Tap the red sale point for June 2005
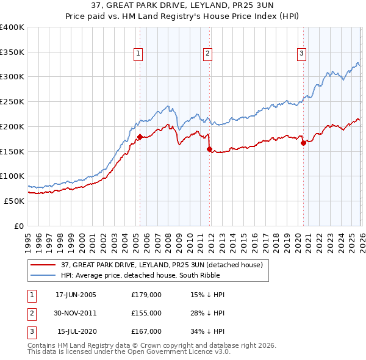pos(140,137)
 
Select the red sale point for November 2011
pos(209,148)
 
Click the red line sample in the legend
pos(44,265)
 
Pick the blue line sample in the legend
pos(44,275)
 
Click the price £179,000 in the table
pos(146,295)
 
